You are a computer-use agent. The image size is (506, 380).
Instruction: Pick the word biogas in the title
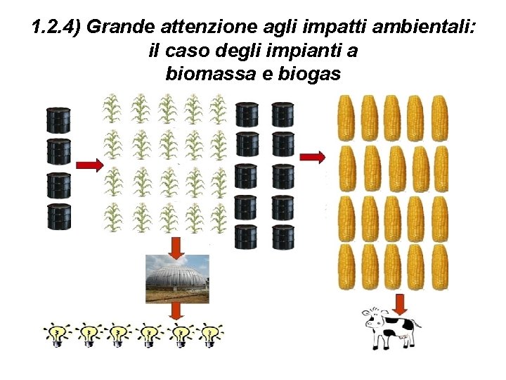[x=306, y=73]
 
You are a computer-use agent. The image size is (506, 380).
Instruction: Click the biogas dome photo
[x=176, y=278]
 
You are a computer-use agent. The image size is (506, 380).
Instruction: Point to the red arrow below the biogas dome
[x=176, y=312]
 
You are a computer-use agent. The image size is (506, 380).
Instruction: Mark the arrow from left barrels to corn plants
[x=89, y=165]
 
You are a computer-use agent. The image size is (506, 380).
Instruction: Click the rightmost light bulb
[x=209, y=335]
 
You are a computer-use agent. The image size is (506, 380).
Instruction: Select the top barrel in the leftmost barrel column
[x=59, y=120]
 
